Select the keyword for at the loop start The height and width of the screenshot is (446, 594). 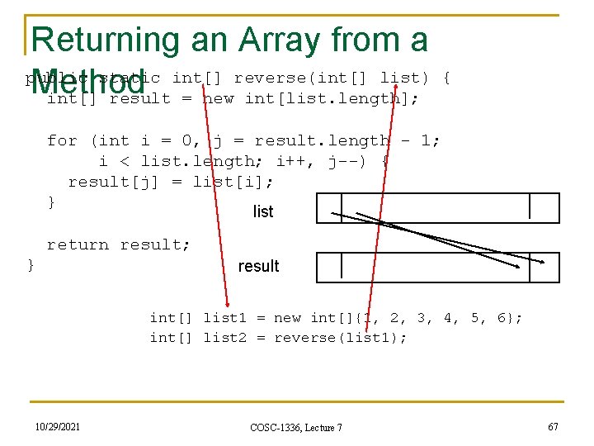62,140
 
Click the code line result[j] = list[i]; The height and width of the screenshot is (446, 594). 171,182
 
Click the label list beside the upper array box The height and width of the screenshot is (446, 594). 263,211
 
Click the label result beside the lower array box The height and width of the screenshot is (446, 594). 258,266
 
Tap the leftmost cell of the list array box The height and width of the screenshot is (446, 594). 329,207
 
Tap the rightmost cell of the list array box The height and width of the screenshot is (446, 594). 544,207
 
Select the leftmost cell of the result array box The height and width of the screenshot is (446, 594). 329,266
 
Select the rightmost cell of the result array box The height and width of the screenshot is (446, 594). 544,266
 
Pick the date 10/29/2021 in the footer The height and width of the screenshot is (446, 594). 58,425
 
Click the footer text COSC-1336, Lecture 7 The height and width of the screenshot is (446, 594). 296,426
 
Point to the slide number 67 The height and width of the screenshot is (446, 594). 552,425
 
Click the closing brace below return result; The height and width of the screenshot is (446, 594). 31,264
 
